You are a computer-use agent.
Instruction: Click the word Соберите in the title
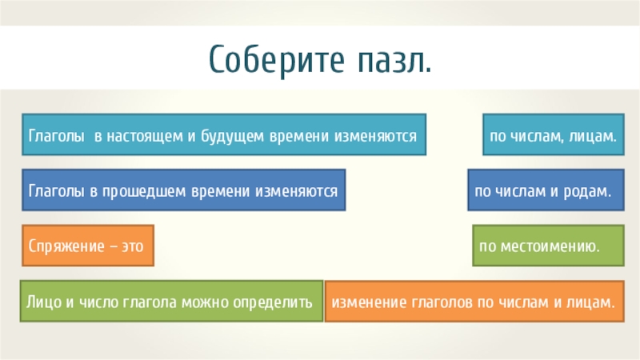tap(272, 58)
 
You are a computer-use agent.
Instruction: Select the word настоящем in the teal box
tap(141, 138)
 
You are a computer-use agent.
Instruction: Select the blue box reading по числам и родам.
tap(545, 190)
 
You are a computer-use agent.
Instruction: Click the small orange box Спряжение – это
tap(86, 246)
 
